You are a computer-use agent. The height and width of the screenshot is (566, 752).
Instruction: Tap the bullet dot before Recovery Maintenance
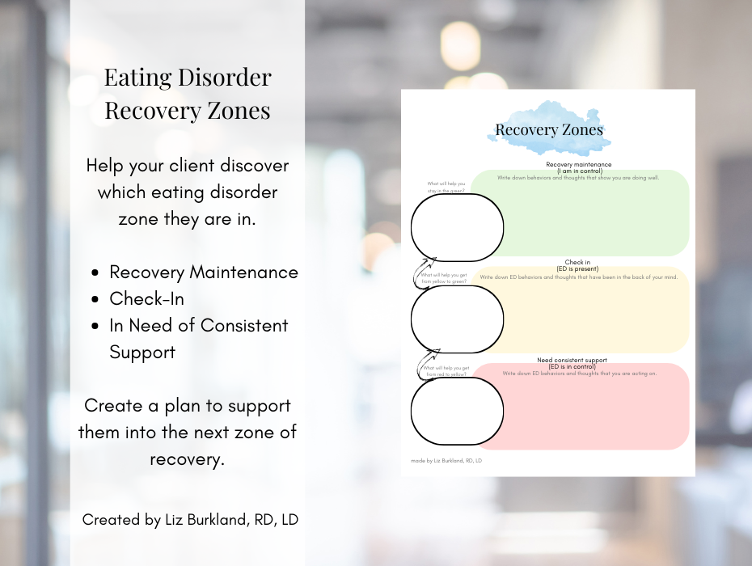(x=96, y=273)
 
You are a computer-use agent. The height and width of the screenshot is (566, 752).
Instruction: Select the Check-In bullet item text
(x=146, y=299)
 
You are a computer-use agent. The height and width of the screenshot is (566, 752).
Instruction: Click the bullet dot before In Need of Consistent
(x=96, y=327)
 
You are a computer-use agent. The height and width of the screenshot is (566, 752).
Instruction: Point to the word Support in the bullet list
(x=142, y=353)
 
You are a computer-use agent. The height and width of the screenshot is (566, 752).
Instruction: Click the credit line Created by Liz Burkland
(x=190, y=520)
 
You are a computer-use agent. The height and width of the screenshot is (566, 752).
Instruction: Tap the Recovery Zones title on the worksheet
(x=548, y=130)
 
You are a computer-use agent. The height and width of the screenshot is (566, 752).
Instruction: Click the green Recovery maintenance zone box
(x=594, y=214)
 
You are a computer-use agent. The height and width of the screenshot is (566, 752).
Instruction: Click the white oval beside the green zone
(x=457, y=227)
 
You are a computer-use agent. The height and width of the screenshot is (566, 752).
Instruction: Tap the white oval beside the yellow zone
(x=457, y=319)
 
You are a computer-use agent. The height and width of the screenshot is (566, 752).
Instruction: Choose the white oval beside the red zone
(x=457, y=411)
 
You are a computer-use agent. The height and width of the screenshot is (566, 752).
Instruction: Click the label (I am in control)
(x=579, y=171)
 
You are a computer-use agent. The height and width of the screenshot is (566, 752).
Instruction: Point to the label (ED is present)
(x=577, y=269)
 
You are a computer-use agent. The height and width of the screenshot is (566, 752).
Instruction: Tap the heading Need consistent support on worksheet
(x=572, y=360)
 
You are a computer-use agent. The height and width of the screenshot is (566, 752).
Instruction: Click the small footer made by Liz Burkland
(x=446, y=461)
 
